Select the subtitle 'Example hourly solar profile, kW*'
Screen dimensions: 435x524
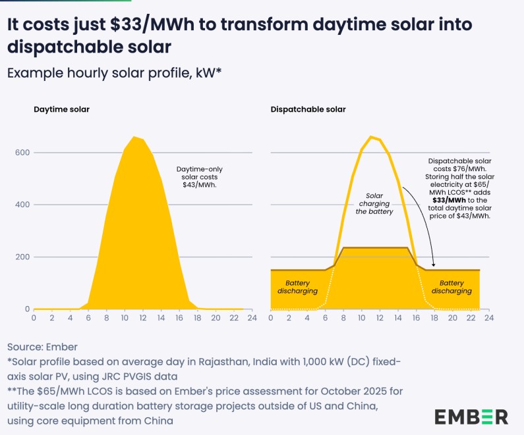tap(114, 72)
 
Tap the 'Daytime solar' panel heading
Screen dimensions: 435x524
tap(62, 109)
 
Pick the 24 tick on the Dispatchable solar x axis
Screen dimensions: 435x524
tap(488, 318)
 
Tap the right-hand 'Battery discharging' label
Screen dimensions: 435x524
tap(455, 286)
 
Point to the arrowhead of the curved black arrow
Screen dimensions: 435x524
tap(432, 266)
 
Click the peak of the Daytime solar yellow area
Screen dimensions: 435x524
tap(134, 138)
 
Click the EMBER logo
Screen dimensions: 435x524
tap(471, 417)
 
